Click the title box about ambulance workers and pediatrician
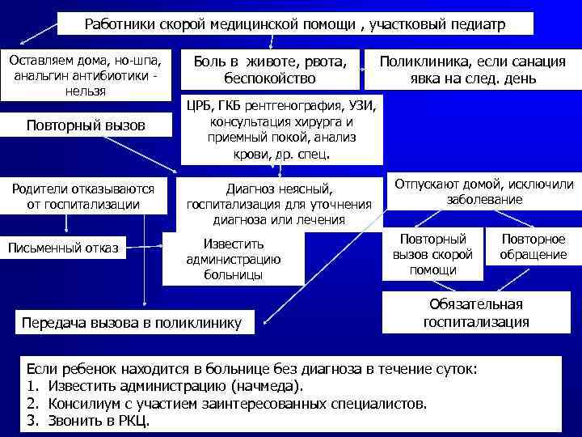[x=295, y=24]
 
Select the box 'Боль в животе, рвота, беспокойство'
[x=275, y=70]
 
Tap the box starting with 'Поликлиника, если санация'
[x=473, y=70]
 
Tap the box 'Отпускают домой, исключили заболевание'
[x=483, y=192]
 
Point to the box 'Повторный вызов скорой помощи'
[x=433, y=254]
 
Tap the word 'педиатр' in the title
[x=478, y=25]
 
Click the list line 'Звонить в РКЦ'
[x=89, y=421]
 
